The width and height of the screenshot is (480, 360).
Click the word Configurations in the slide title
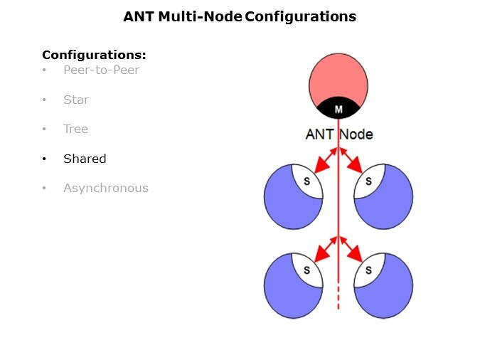(x=300, y=16)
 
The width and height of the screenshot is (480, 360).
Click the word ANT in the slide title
(x=138, y=16)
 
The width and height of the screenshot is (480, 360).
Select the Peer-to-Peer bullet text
(x=101, y=70)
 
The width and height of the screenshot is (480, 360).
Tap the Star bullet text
(x=76, y=100)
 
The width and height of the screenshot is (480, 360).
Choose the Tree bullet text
(x=75, y=129)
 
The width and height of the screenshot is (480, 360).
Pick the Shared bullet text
(x=85, y=159)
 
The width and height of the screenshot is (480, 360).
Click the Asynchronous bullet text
(x=106, y=189)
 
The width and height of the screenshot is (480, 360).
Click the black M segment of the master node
(x=338, y=109)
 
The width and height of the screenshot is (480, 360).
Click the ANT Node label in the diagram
(x=338, y=134)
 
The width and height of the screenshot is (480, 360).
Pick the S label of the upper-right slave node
(x=368, y=181)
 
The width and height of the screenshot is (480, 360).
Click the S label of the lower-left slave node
(x=307, y=270)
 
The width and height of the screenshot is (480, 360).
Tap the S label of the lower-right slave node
(x=368, y=270)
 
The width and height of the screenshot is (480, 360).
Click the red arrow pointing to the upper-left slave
(x=325, y=162)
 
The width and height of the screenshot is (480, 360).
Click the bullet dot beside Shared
(x=45, y=159)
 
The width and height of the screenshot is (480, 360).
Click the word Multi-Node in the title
(x=202, y=16)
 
